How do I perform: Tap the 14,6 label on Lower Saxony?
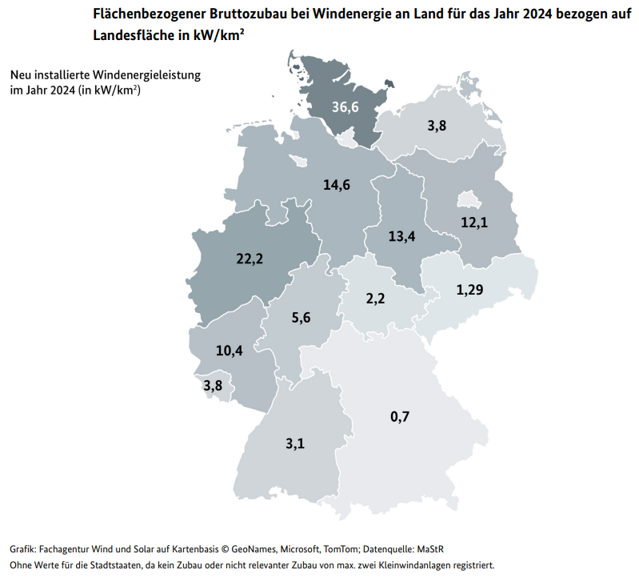coord(337,185)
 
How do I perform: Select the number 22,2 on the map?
coord(250,258)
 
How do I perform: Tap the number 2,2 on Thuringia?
coord(374,299)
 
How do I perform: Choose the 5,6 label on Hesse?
coord(301,317)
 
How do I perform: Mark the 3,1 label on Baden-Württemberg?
coord(294,441)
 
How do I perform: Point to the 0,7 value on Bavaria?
coord(400,415)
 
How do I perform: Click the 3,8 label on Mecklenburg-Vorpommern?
coord(437,126)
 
